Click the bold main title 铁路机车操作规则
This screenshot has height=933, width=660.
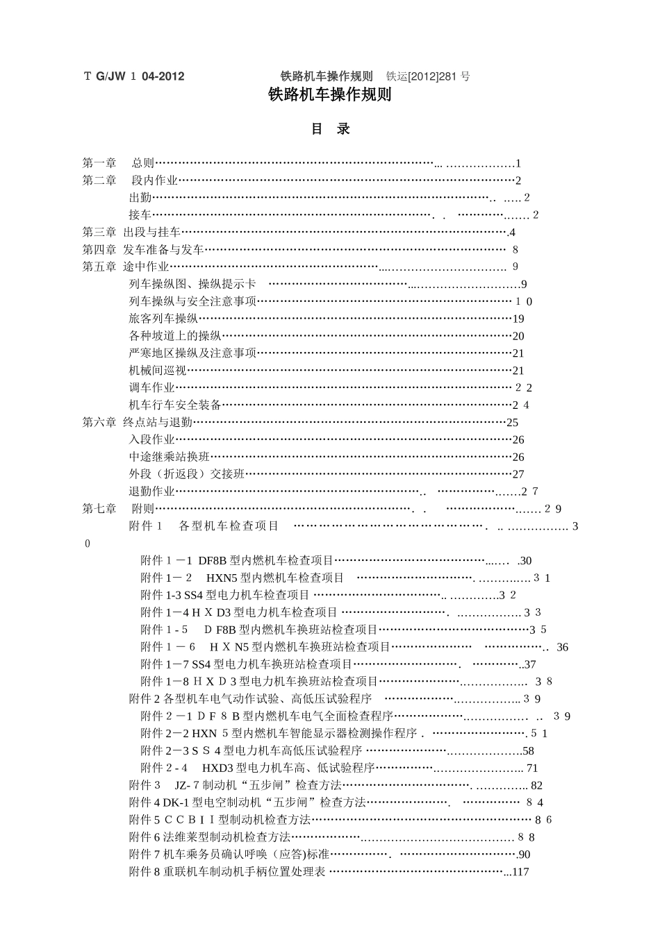tap(330, 95)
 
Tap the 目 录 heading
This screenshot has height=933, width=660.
tap(330, 129)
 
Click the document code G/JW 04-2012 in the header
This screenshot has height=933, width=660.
tap(134, 76)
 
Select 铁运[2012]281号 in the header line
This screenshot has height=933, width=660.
tap(428, 76)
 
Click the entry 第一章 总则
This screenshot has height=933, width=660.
tap(118, 163)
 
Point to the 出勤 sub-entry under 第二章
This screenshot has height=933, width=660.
tap(140, 198)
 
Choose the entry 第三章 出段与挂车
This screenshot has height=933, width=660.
tap(131, 232)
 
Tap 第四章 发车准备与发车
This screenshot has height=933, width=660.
tap(143, 249)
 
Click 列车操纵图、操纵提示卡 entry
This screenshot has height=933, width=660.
tap(192, 284)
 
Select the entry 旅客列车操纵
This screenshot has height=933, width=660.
tap(163, 319)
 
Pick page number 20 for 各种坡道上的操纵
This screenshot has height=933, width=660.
tap(518, 336)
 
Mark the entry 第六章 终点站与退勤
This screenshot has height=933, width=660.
tap(137, 422)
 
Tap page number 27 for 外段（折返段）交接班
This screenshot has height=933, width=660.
tap(518, 474)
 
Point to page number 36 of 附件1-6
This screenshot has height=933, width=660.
tap(562, 647)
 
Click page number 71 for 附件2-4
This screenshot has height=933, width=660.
tap(532, 768)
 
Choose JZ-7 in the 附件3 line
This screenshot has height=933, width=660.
tap(188, 785)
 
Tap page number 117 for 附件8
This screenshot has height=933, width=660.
tap(520, 872)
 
